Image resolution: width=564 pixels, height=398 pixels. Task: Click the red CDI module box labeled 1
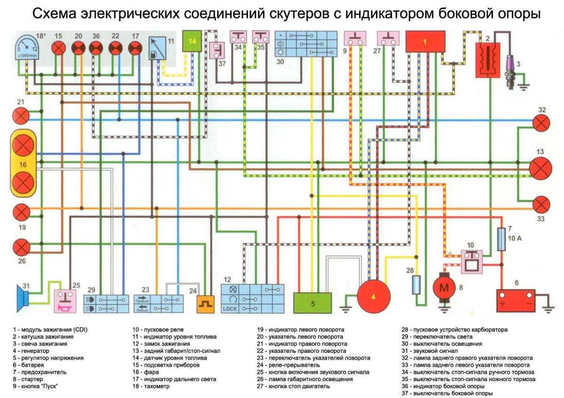click(x=425, y=41)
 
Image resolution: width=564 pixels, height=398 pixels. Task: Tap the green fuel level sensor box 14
click(x=192, y=41)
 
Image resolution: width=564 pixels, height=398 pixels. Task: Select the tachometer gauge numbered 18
click(x=27, y=47)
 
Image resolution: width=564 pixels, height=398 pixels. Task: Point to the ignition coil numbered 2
click(x=488, y=60)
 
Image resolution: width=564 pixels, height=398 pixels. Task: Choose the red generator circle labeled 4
click(x=374, y=297)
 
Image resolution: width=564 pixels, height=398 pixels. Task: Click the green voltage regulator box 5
click(x=313, y=303)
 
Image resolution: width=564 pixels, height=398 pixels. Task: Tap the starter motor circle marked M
click(x=444, y=287)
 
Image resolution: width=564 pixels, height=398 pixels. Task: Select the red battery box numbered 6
click(x=516, y=301)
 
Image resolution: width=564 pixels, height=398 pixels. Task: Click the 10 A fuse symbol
click(x=501, y=239)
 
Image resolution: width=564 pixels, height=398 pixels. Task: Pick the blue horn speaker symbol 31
click(x=23, y=298)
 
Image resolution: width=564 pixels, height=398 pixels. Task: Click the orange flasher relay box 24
click(x=205, y=304)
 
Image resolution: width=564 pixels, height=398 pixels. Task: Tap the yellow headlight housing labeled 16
click(x=23, y=163)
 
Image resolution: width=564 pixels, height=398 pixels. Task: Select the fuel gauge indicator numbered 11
click(x=157, y=48)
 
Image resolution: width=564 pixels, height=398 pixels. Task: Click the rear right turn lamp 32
click(x=541, y=123)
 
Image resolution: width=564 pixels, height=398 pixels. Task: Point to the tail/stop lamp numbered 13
click(x=540, y=168)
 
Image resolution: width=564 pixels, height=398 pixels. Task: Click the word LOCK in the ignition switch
click(x=230, y=309)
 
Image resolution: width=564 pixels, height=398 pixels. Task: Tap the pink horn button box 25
click(x=65, y=301)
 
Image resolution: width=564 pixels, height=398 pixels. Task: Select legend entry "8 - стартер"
click(x=28, y=379)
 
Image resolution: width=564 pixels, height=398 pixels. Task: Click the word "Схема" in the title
click(x=54, y=14)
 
